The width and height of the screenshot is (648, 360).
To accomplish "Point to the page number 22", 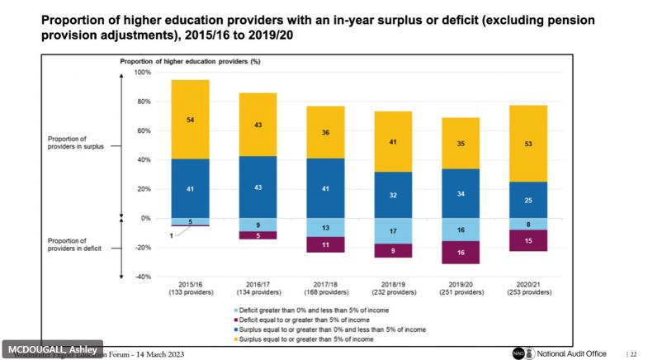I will (632, 353).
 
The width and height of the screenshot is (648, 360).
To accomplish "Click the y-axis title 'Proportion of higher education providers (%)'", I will (190, 61).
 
